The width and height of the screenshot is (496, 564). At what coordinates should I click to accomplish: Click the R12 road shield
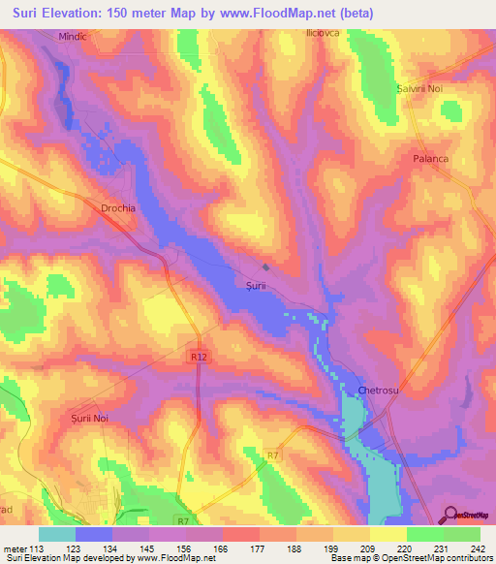(x=199, y=357)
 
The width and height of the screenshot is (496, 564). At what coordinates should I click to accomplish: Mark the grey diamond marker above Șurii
(x=265, y=267)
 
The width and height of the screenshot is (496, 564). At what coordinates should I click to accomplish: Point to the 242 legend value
(x=475, y=548)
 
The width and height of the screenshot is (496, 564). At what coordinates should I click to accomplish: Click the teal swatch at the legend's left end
(x=57, y=533)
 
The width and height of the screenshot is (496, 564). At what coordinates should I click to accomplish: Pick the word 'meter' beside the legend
(x=15, y=548)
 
